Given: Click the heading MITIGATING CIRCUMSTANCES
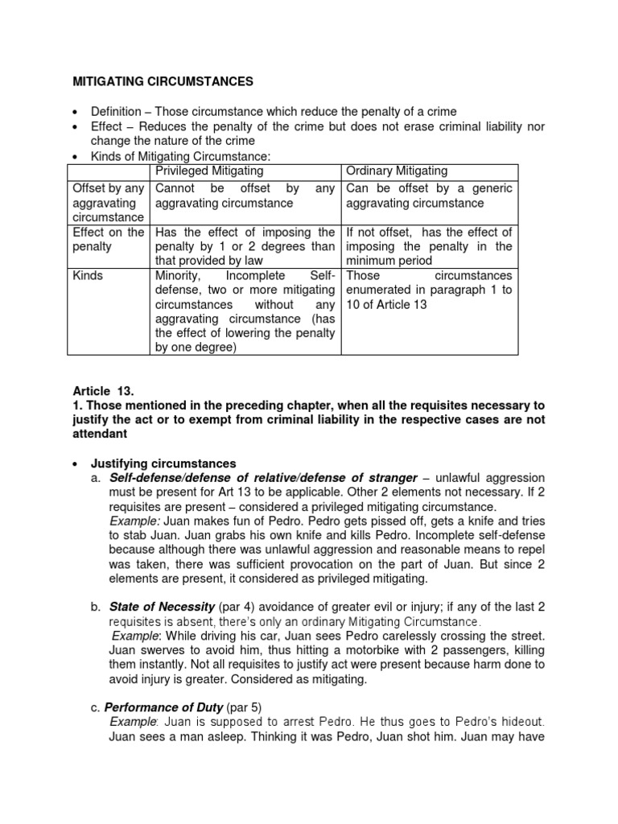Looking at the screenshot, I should click(163, 81).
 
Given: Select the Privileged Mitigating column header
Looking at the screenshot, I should click(209, 171).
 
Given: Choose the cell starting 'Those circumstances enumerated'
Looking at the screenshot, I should click(429, 290).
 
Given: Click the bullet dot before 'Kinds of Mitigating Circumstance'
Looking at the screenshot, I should click(75, 156).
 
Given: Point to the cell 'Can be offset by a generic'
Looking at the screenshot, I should click(429, 196).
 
